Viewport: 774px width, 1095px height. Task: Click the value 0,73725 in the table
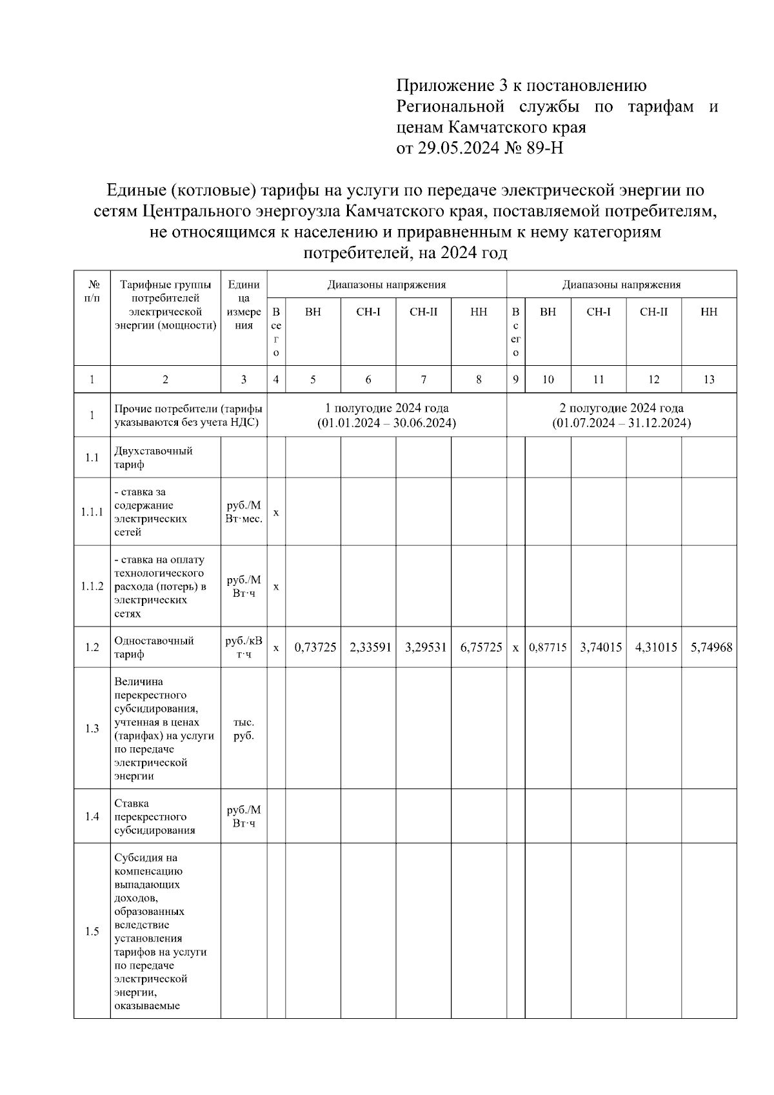click(x=315, y=647)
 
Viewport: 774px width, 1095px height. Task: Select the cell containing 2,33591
click(x=370, y=647)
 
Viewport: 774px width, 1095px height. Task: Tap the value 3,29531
click(x=425, y=647)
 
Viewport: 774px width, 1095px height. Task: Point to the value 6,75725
click(x=481, y=647)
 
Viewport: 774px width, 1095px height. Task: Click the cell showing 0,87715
click(x=548, y=647)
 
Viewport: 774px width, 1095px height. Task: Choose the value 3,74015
click(x=600, y=647)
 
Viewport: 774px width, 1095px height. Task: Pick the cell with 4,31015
click(x=655, y=647)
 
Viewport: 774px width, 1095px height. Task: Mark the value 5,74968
click(x=711, y=647)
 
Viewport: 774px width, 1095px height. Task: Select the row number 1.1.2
click(x=92, y=587)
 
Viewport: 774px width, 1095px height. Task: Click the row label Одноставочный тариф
click(x=154, y=647)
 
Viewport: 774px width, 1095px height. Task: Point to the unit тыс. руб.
click(x=243, y=728)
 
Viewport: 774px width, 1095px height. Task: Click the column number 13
click(x=708, y=379)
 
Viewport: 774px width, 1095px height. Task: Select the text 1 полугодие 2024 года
click(x=386, y=408)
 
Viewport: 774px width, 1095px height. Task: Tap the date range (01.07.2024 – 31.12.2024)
click(x=621, y=423)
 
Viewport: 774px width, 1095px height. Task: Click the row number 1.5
click(x=92, y=932)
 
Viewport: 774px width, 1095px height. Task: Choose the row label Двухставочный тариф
click(x=153, y=457)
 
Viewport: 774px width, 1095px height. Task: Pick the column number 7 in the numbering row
click(x=423, y=379)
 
